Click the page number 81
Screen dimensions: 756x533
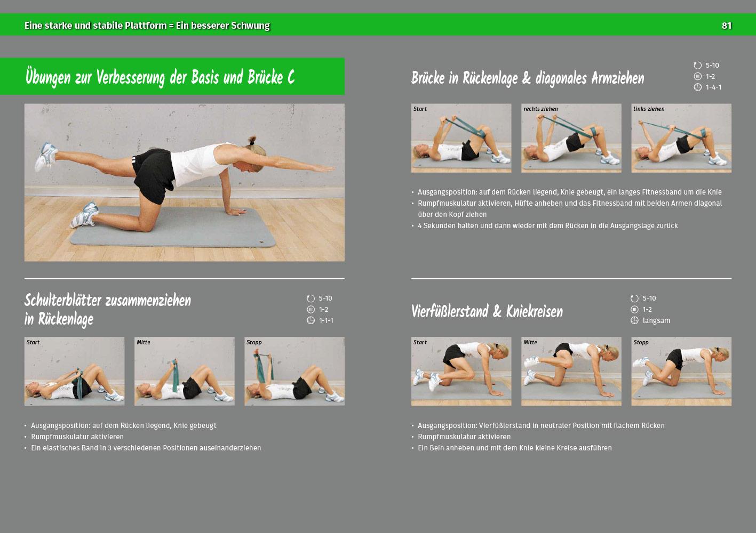click(x=726, y=26)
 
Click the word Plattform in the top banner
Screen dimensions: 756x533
click(x=146, y=26)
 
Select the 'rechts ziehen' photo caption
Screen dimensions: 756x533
click(x=540, y=109)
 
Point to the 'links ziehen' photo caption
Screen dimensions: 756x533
click(x=649, y=109)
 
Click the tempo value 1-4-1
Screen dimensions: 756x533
click(x=713, y=87)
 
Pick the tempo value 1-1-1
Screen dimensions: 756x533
click(x=326, y=321)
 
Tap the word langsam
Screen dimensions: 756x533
click(x=656, y=321)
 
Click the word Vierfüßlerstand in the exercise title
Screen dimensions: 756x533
click(x=450, y=311)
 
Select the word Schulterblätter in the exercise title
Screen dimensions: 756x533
click(x=63, y=300)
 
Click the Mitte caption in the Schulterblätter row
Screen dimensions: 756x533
click(x=144, y=342)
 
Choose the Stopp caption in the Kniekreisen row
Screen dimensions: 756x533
click(x=641, y=342)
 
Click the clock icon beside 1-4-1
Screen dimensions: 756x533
click(x=698, y=87)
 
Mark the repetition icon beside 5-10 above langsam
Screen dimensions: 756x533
click(x=634, y=298)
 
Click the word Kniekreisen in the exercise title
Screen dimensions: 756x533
click(x=535, y=311)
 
